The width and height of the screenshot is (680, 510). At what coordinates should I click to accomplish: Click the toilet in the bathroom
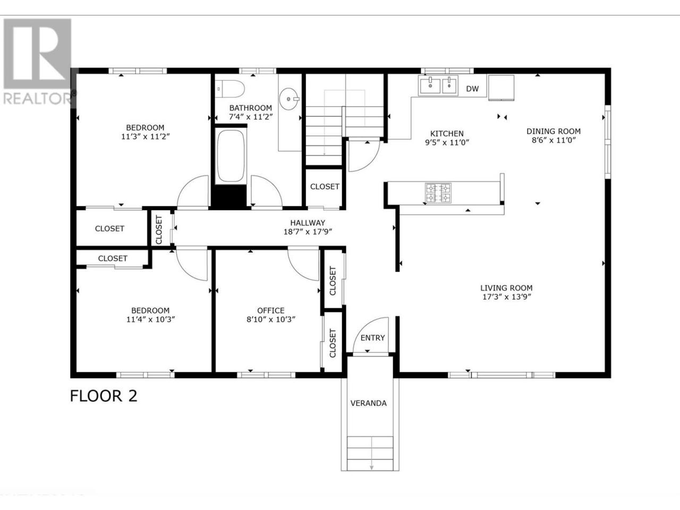[230, 89]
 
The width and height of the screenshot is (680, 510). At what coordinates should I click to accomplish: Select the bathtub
[231, 156]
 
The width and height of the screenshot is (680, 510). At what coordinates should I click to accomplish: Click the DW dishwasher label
[472, 89]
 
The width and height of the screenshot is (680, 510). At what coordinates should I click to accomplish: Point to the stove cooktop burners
[438, 193]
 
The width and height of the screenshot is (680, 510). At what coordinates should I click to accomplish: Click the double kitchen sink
[438, 86]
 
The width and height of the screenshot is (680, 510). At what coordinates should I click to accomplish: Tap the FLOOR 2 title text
[104, 396]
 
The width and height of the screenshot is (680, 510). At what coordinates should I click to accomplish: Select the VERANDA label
[368, 403]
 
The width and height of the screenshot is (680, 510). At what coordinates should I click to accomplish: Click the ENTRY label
[373, 337]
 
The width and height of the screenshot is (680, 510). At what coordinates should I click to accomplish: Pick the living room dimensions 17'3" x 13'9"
[506, 296]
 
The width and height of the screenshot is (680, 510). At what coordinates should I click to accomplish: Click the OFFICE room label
[271, 310]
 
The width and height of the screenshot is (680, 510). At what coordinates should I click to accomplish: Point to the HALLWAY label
[308, 223]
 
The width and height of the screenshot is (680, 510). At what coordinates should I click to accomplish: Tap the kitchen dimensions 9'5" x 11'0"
[447, 142]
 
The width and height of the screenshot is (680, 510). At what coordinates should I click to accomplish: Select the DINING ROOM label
[554, 131]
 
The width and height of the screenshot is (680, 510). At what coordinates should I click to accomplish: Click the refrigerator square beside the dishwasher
[501, 88]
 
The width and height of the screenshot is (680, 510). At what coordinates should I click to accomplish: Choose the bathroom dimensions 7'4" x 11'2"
[250, 117]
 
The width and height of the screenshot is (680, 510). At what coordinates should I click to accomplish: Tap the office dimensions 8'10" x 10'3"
[271, 319]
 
